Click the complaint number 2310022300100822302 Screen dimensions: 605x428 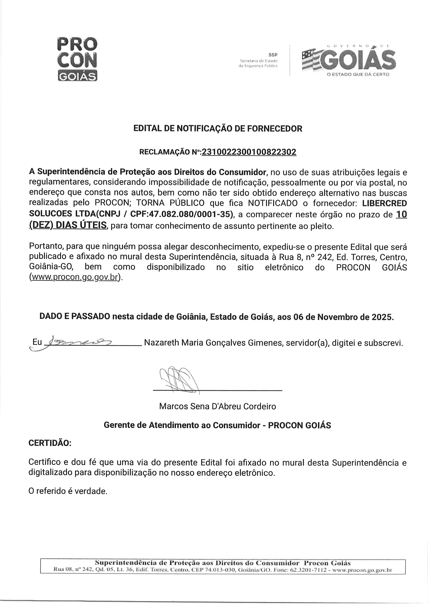coord(249,152)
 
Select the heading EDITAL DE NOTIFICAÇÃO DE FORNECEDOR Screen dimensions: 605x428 coord(218,129)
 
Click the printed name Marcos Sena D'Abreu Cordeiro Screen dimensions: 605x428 coord(217,406)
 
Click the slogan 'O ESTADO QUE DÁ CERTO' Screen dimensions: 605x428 coord(358,75)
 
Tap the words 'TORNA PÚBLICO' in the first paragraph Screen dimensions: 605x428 coord(170,204)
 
